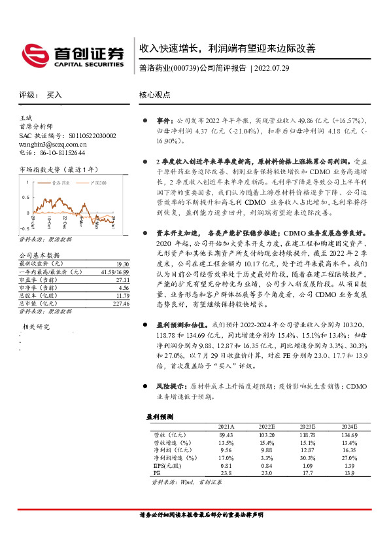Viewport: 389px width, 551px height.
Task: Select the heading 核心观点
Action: tap(155, 95)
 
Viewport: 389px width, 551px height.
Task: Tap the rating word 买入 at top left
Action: tap(54, 95)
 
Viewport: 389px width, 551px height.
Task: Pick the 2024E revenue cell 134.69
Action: tap(348, 435)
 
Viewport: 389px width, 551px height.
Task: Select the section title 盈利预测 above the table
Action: tap(159, 417)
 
